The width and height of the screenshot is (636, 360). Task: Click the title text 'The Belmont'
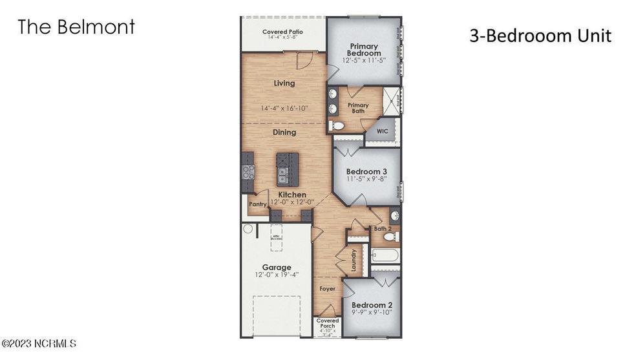coord(76,27)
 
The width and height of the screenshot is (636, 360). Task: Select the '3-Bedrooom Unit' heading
coord(540,36)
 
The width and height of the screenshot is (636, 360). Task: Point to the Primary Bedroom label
coord(364,49)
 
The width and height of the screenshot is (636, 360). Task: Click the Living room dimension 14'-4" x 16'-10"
coord(284,108)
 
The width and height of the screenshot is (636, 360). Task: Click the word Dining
coord(284,132)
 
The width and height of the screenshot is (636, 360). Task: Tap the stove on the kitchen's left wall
coord(248,172)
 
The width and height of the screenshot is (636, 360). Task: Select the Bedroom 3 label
coord(365,171)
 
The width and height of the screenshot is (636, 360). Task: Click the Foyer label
coord(328,288)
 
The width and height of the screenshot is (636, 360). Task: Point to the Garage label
coord(276,267)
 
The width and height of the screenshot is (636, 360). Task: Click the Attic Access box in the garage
coord(276,236)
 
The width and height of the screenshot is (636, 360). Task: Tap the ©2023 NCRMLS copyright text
coord(40,343)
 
